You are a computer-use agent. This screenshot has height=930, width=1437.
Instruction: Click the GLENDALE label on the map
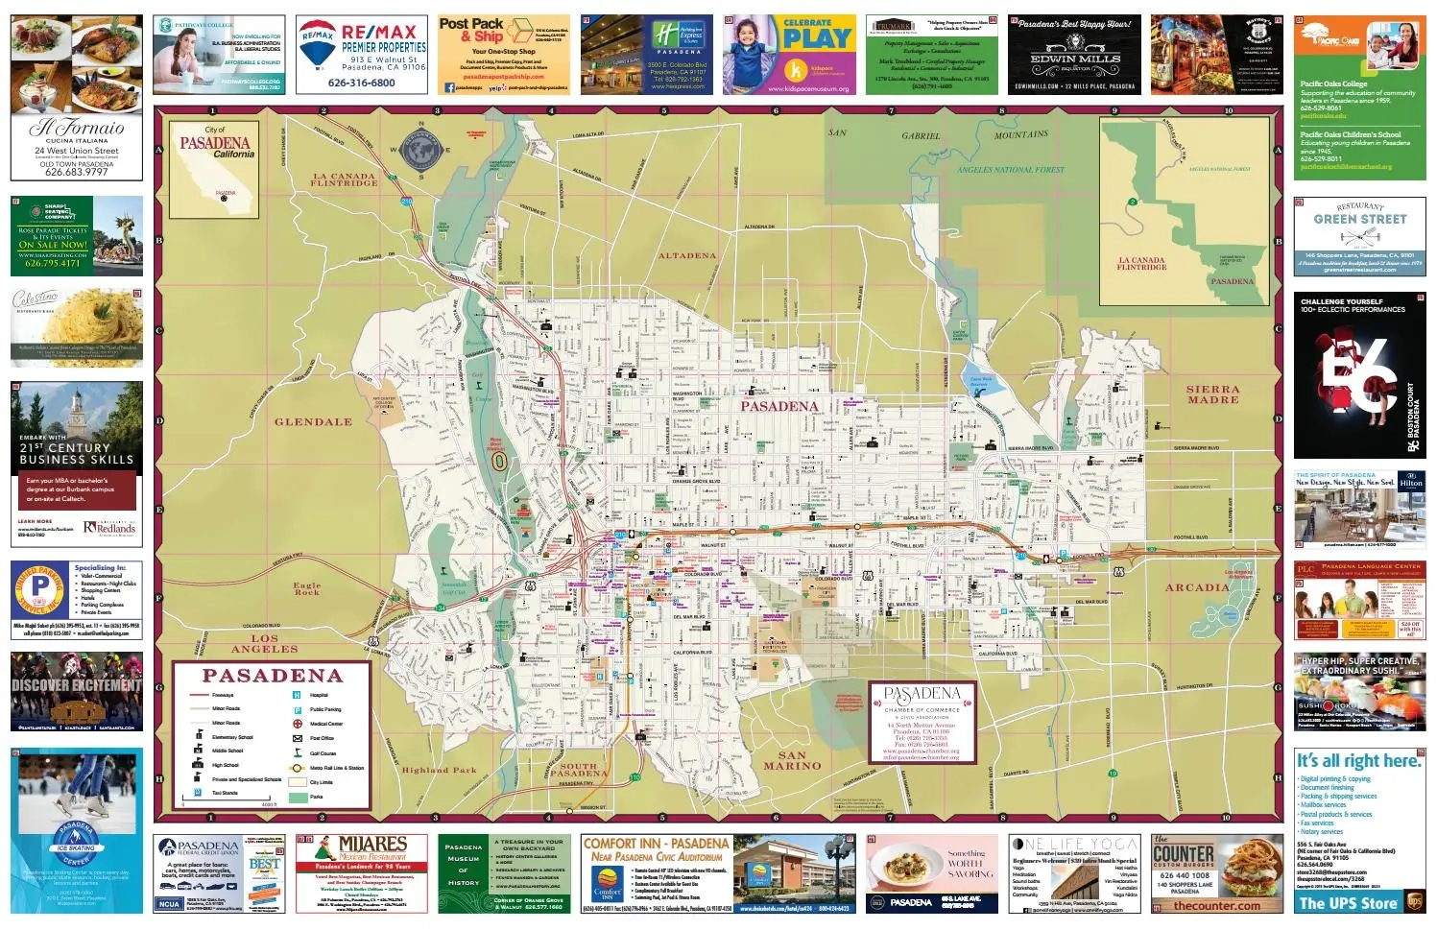coord(313,422)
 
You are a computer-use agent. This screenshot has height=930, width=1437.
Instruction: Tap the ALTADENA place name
coord(687,256)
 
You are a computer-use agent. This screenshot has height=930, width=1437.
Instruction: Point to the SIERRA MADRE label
coord(1212,394)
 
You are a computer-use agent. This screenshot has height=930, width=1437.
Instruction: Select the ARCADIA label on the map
coord(1197,587)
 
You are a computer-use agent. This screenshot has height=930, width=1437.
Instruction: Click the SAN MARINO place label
coord(792,760)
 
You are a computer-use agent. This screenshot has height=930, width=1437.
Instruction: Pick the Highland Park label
coord(439,770)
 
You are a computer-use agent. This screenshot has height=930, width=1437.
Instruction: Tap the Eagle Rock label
coord(307,588)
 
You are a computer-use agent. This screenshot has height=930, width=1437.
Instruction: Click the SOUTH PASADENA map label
coord(578,770)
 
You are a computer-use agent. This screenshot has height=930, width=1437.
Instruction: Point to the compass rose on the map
coord(419,149)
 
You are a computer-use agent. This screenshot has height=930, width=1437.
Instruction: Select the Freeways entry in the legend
coord(223,695)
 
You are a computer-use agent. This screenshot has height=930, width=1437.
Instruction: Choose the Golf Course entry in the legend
coord(323,753)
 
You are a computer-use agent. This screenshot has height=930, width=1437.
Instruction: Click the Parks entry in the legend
coord(317,797)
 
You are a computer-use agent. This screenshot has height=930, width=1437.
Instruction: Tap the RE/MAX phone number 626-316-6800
coord(361,83)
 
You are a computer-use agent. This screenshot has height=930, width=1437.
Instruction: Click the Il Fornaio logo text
coord(77,128)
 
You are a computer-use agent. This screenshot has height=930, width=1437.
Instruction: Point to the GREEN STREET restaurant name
coord(1359,219)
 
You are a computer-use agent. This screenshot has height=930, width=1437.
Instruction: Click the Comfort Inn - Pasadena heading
coord(656,844)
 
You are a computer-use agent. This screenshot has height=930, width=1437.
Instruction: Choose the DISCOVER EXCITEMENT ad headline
coord(77,685)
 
